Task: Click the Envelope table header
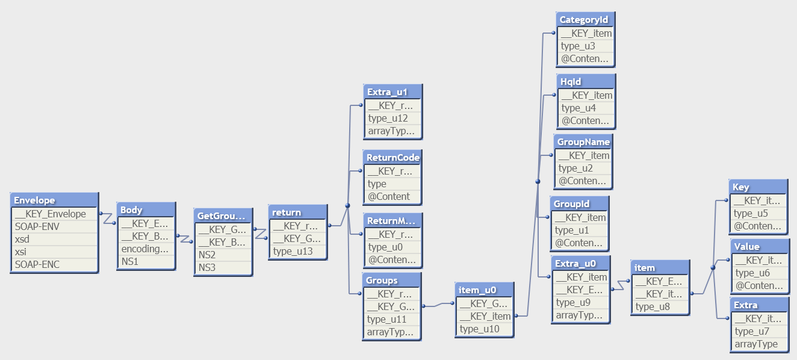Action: pos(54,200)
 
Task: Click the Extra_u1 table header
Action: pos(392,92)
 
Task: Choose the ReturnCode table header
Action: pos(392,157)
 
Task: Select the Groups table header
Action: pos(392,280)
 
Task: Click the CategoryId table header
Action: pos(585,19)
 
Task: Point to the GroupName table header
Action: pos(583,141)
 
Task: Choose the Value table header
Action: pos(758,246)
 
